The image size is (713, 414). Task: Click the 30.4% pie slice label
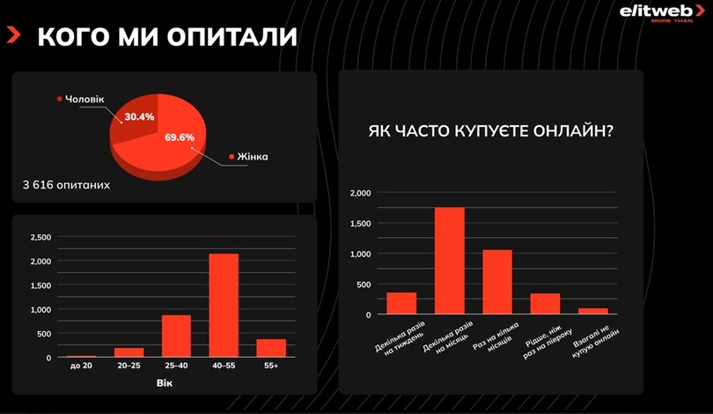click(x=139, y=116)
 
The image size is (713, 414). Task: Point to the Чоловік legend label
click(x=84, y=100)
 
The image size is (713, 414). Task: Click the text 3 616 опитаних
click(x=67, y=186)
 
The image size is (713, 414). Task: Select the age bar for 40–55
click(x=224, y=305)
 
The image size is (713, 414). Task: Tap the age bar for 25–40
click(x=176, y=336)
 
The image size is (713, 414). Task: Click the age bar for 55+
click(x=271, y=348)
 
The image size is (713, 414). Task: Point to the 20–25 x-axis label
click(x=129, y=365)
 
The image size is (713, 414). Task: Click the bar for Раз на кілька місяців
click(x=497, y=282)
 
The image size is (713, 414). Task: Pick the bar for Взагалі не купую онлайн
click(x=593, y=311)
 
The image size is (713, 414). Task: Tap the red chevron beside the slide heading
click(x=14, y=35)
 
